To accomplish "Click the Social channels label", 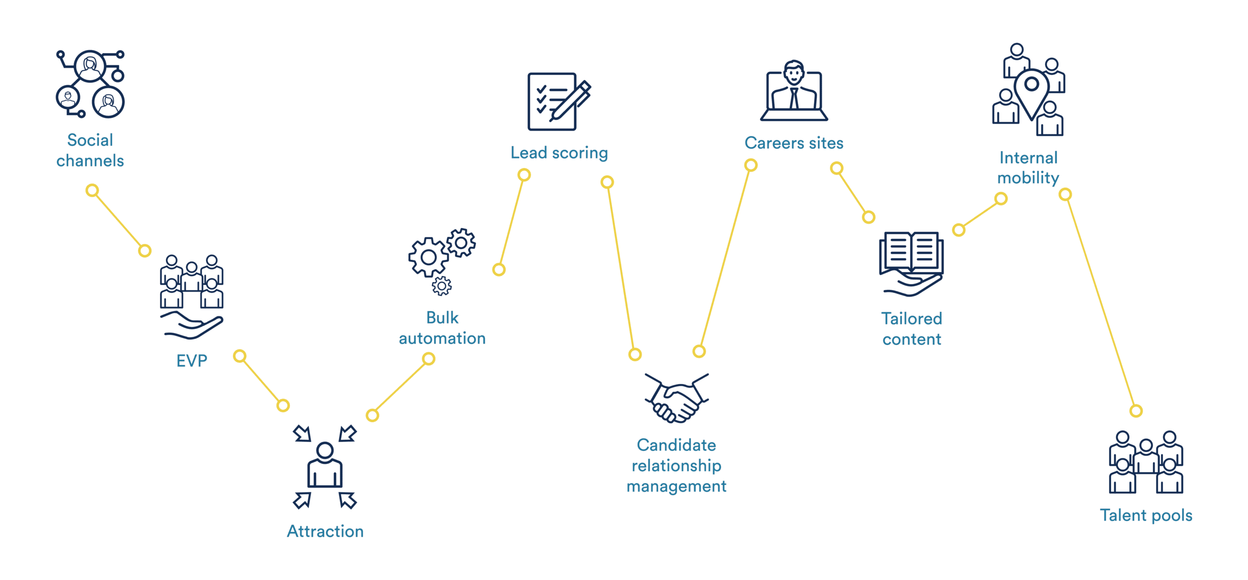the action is [90, 150].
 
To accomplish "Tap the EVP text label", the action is [192, 361].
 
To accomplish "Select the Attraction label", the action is [325, 531].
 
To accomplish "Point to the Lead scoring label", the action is [559, 153].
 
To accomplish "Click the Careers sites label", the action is [794, 143].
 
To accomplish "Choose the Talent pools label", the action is [1146, 515].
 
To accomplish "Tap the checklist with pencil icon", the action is [559, 101].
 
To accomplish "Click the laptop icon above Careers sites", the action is [794, 91].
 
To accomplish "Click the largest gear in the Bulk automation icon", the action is [429, 257].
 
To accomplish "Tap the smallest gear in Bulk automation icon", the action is [442, 286].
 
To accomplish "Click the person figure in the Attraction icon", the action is [325, 465].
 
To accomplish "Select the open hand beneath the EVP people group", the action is [192, 326].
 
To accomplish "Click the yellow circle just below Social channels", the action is [92, 190].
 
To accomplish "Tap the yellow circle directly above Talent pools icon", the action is [1136, 411].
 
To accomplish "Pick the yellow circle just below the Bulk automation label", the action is [429, 359].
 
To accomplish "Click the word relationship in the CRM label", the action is [677, 466].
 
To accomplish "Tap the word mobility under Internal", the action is [1028, 178].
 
